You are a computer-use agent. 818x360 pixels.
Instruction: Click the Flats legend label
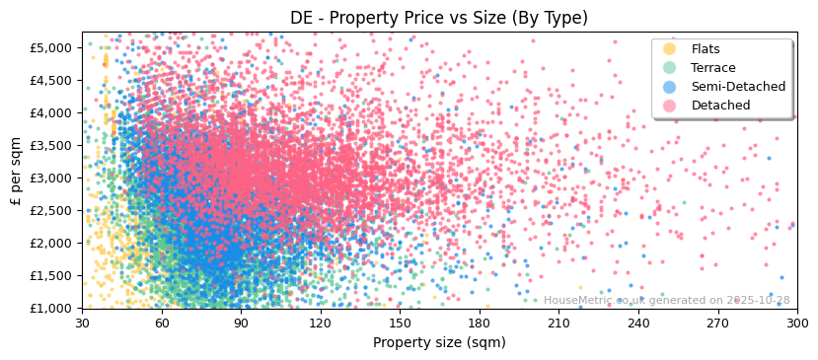pyautogui.click(x=706, y=49)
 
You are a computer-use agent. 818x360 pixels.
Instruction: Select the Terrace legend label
pyautogui.click(x=712, y=68)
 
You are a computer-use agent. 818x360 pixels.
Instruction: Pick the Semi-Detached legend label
pyautogui.click(x=738, y=87)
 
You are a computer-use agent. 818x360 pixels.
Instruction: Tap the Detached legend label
pyautogui.click(x=719, y=106)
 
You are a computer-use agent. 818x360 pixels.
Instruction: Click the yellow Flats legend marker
pyautogui.click(x=670, y=49)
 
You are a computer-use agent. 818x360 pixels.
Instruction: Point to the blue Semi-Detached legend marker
pyautogui.click(x=670, y=87)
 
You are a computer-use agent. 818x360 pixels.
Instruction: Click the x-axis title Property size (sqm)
pyautogui.click(x=438, y=343)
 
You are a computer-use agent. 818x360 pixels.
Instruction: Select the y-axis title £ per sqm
pyautogui.click(x=16, y=171)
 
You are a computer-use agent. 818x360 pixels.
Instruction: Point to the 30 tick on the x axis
pyautogui.click(x=82, y=323)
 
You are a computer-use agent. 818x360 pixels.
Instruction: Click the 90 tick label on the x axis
pyautogui.click(x=241, y=323)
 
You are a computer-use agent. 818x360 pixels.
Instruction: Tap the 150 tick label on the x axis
pyautogui.click(x=400, y=323)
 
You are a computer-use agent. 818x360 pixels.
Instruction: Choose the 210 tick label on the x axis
pyautogui.click(x=558, y=323)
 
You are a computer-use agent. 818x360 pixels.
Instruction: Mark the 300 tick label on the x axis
pyautogui.click(x=796, y=323)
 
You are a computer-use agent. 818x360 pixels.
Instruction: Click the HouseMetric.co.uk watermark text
pyautogui.click(x=666, y=301)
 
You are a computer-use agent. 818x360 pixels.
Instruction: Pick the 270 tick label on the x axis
pyautogui.click(x=717, y=323)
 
